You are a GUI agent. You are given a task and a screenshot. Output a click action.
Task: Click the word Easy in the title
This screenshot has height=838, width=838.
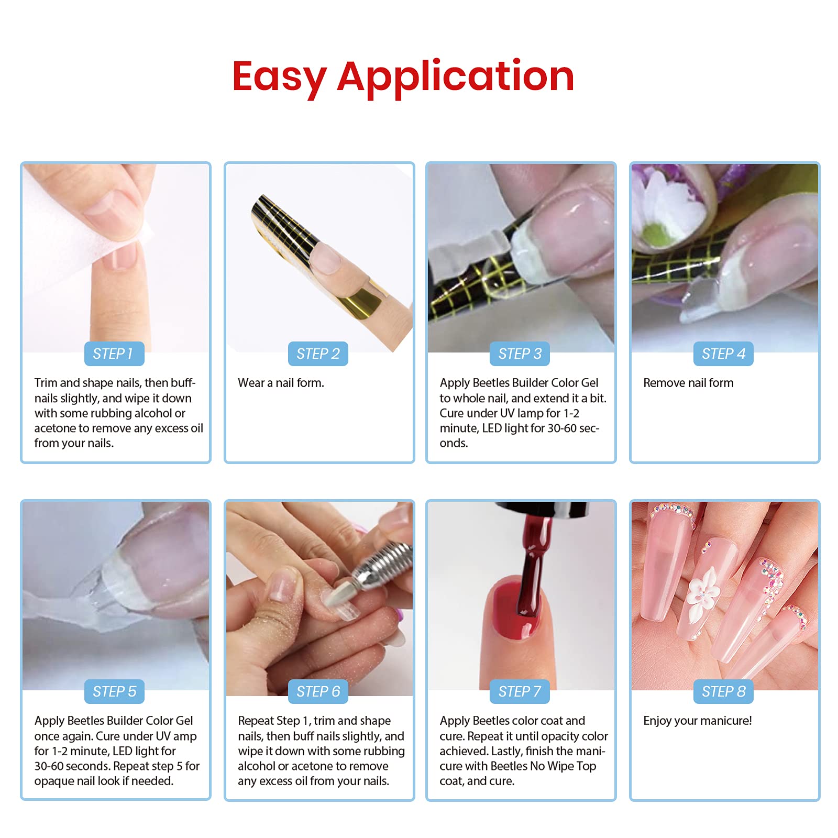(x=279, y=78)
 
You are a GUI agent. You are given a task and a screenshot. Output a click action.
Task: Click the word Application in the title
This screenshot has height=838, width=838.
(x=455, y=78)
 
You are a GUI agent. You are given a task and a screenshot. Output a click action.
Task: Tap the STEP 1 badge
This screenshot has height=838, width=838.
(x=114, y=354)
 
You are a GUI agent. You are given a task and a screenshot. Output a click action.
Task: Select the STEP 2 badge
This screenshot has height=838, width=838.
(x=318, y=354)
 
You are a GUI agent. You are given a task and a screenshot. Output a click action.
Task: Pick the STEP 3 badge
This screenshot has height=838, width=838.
(x=520, y=354)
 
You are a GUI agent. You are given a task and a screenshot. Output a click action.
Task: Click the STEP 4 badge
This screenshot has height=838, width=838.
(x=723, y=354)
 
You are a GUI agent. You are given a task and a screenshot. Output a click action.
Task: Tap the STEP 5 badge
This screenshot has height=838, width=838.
(x=114, y=692)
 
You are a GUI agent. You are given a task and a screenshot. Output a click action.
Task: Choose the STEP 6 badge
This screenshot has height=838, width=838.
(x=318, y=692)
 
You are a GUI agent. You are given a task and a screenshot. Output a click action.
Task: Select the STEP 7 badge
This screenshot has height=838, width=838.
(x=520, y=692)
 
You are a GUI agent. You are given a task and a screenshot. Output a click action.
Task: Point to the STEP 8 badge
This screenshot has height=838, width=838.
(x=723, y=692)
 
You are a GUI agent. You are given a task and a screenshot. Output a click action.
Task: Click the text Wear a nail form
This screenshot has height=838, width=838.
(x=281, y=383)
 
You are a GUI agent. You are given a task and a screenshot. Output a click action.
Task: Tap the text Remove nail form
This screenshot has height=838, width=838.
(x=688, y=383)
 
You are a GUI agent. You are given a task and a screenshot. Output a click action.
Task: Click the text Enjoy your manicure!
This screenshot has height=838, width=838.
(x=697, y=721)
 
